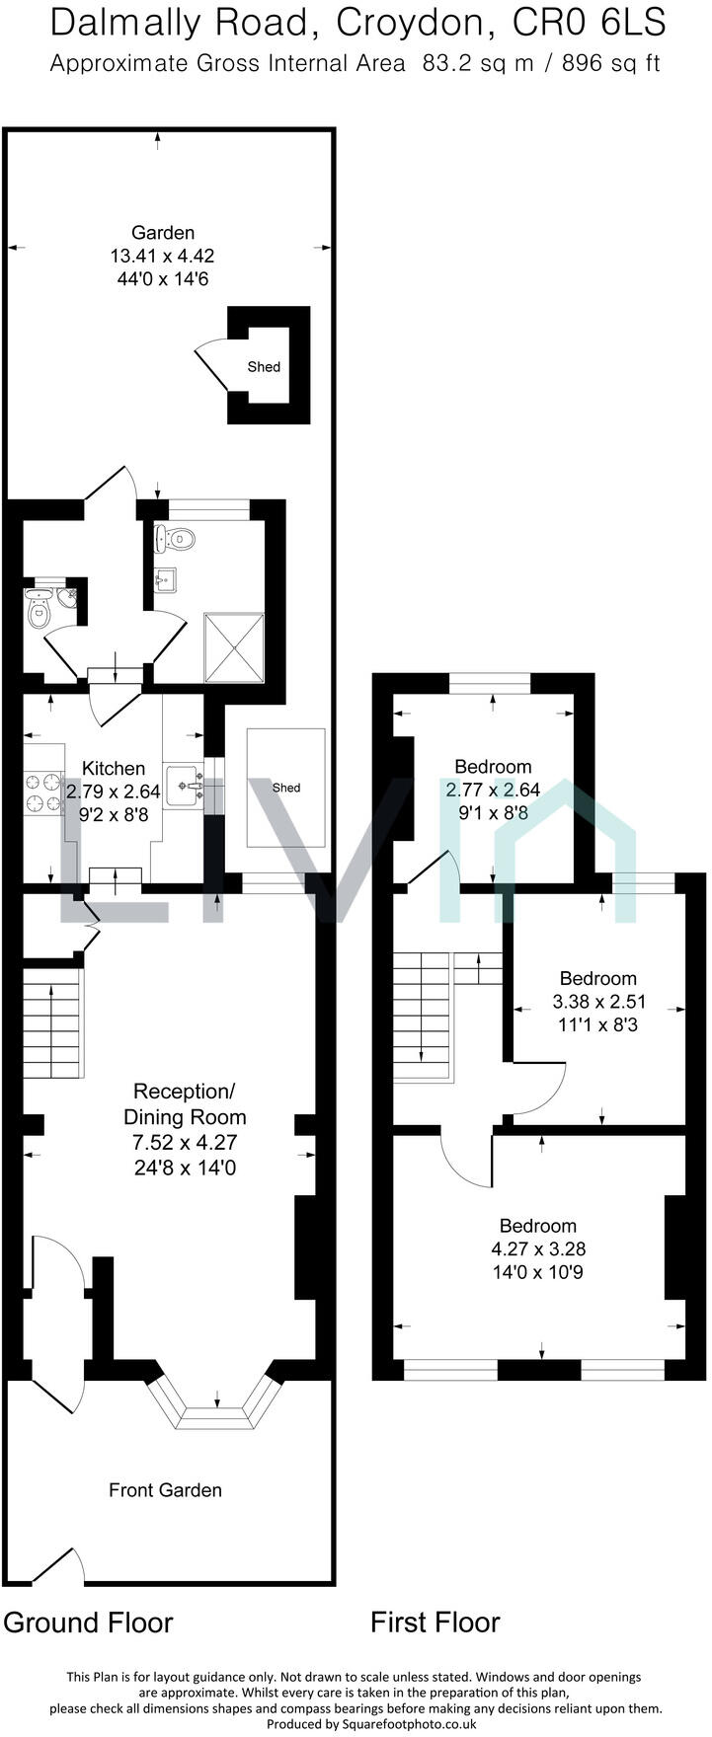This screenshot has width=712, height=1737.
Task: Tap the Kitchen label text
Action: (x=113, y=768)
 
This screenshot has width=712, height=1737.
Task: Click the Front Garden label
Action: (x=165, y=1490)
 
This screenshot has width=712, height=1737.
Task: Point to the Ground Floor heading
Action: (x=88, y=1623)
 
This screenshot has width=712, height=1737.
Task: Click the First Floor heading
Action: (x=435, y=1623)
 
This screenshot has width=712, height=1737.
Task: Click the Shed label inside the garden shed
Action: (x=264, y=367)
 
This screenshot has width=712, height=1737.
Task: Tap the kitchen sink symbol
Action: (x=184, y=785)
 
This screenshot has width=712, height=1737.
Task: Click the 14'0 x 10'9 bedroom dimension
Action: (x=537, y=1272)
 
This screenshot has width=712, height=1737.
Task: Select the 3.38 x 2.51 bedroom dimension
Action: (x=597, y=1002)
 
